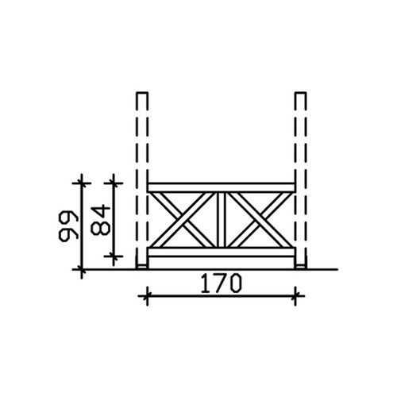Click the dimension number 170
pos(222,283)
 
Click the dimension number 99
pos(68,226)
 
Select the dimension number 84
pos(100,220)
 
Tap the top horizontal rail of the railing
pos(222,187)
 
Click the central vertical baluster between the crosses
pos(222,220)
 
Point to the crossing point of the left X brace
pos(183,220)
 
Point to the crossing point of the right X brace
pos(260,220)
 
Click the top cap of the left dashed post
pos(142,93)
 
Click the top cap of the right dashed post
pos(300,93)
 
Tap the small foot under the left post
pos(142,267)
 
